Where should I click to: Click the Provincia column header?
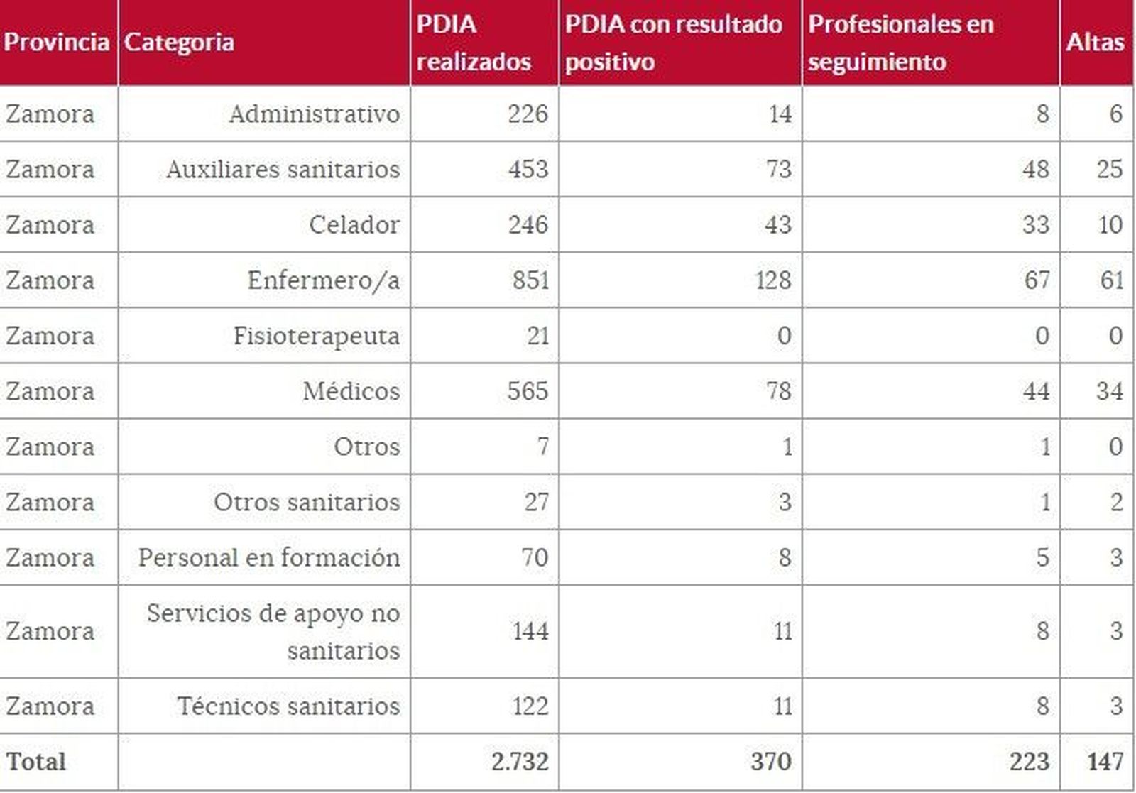[57, 42]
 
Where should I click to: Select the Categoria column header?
[179, 42]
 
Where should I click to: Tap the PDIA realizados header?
[473, 43]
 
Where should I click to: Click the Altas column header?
[1095, 42]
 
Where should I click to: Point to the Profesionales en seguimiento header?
[900, 43]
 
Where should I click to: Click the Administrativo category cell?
[314, 114]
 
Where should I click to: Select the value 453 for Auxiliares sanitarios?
[528, 169]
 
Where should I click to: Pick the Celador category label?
[354, 224]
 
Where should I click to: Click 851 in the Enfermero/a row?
[530, 280]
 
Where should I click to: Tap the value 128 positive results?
[772, 280]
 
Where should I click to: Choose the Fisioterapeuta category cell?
[316, 335]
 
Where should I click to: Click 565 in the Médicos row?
[528, 390]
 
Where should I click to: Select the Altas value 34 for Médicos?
[1108, 390]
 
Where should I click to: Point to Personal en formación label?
[268, 557]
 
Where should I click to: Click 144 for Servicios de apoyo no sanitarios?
[530, 631]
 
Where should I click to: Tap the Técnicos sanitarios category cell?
[288, 706]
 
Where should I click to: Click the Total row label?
[36, 761]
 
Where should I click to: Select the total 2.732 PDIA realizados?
[519, 761]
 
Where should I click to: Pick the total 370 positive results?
[770, 761]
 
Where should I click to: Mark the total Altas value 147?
[1105, 761]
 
